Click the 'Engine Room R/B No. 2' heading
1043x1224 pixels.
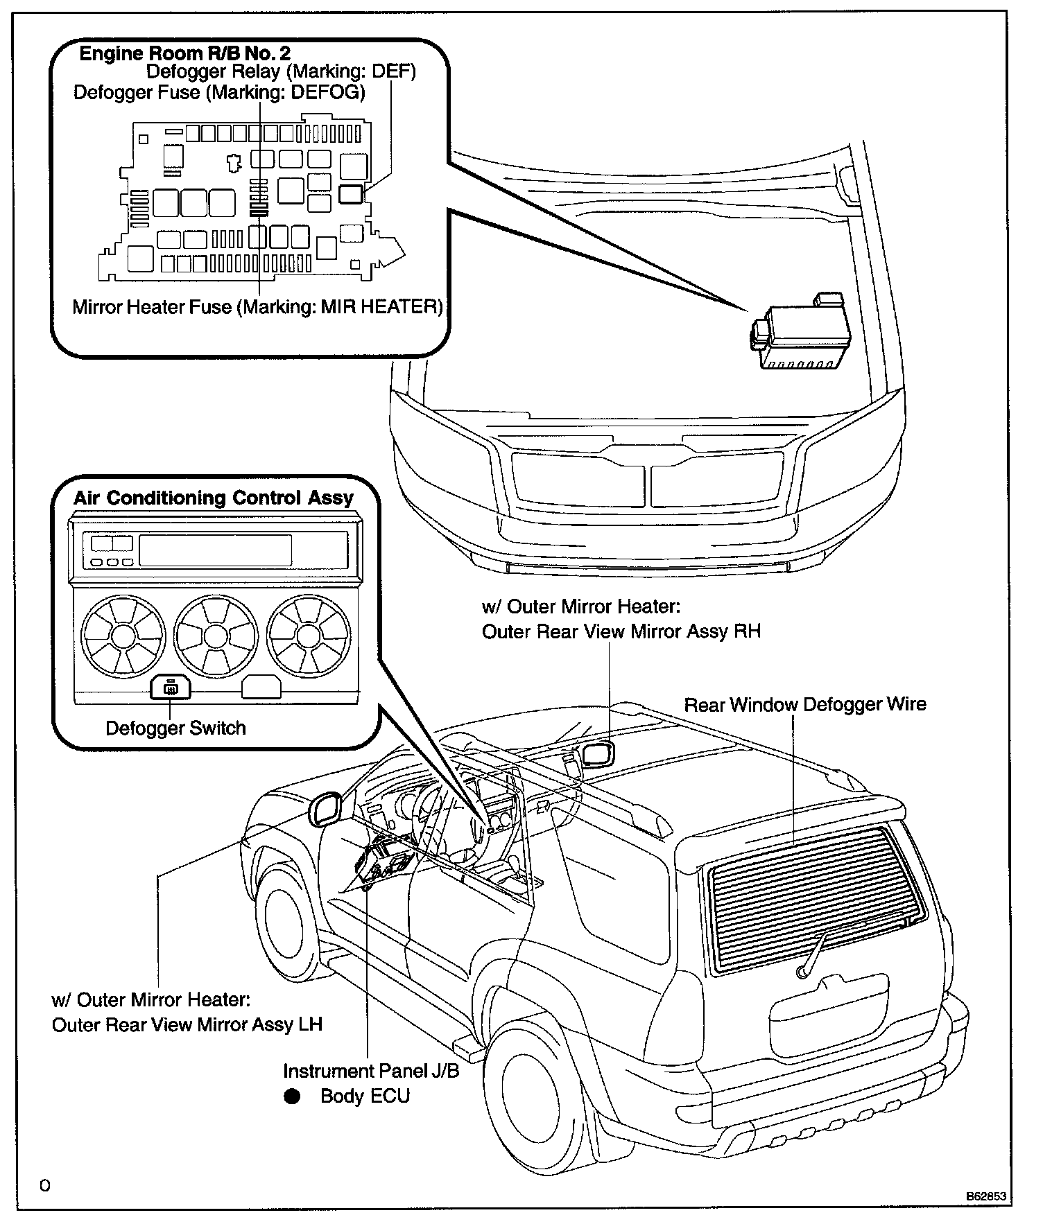[184, 53]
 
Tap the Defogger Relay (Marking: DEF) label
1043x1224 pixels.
[281, 71]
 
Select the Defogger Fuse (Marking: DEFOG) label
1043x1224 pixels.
[219, 92]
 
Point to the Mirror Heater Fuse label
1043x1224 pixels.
[257, 306]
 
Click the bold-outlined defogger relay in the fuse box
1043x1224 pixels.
[351, 193]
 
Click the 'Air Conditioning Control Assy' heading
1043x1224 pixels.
[214, 498]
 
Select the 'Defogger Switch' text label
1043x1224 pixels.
[175, 728]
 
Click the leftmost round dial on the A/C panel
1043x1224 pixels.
[123, 635]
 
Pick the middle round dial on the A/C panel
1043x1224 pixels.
[216, 635]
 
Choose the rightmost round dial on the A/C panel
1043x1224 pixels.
[309, 635]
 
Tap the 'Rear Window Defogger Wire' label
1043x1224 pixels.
[805, 705]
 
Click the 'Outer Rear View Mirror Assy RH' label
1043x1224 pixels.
[621, 631]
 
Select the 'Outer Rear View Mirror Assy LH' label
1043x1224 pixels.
[187, 1024]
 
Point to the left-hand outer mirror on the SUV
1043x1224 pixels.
[325, 809]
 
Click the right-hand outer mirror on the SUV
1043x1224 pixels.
[598, 753]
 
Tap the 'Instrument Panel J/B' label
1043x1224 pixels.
[371, 1071]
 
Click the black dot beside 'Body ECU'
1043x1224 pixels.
[292, 1096]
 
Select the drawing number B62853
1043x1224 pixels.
[987, 1196]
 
